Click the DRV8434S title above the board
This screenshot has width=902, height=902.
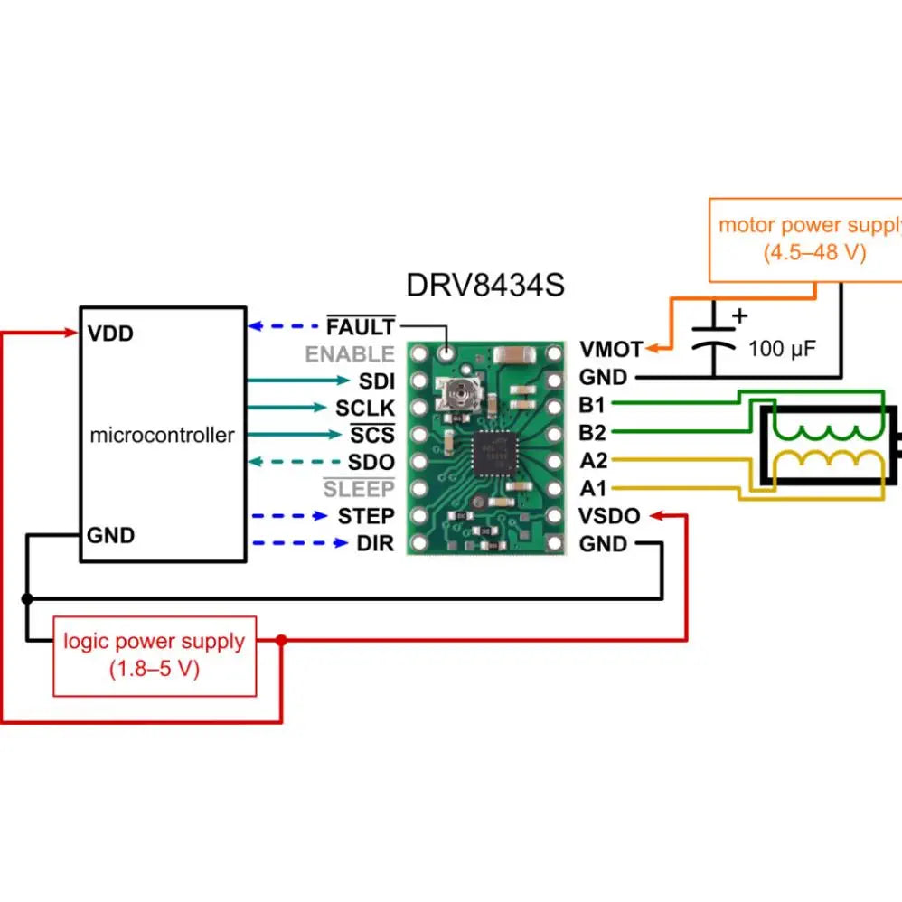click(485, 286)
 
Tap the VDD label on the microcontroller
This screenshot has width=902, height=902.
click(110, 334)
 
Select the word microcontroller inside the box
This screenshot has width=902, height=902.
click(162, 435)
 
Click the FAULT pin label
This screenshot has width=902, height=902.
click(361, 326)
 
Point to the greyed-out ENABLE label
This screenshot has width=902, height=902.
click(350, 354)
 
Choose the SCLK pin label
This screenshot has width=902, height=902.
click(365, 409)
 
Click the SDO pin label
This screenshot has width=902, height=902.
click(371, 463)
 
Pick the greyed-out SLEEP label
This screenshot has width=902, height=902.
click(359, 490)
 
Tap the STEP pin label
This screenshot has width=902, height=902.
click(366, 516)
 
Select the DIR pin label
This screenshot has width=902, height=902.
click(376, 544)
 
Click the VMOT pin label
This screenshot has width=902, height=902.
click(611, 349)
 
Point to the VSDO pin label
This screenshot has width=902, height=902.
click(610, 517)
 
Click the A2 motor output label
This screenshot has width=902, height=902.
click(593, 461)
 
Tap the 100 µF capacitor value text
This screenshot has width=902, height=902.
click(783, 346)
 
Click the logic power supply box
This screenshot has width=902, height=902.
click(155, 655)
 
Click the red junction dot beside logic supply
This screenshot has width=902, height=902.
click(281, 640)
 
